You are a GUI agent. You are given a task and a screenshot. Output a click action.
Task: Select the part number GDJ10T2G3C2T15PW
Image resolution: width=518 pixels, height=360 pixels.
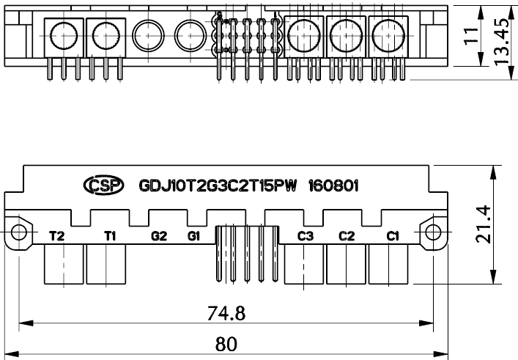(217, 185)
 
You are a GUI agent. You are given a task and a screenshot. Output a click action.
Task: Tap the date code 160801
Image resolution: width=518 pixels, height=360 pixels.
(333, 185)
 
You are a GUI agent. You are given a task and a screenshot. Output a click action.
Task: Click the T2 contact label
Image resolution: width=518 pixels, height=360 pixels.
(56, 236)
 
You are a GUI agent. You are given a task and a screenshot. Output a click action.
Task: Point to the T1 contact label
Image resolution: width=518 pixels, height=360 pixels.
(109, 236)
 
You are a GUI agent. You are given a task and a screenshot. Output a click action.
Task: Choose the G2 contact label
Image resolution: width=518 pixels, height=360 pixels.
(159, 236)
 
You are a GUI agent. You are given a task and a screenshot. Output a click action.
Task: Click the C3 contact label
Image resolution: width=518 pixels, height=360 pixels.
(306, 236)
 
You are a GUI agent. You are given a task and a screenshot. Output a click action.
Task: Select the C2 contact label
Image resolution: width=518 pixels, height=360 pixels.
(347, 236)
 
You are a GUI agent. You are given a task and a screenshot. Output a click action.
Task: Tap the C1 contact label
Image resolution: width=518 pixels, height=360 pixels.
(393, 236)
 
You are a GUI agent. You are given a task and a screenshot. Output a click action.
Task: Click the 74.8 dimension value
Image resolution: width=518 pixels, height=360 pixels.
(226, 313)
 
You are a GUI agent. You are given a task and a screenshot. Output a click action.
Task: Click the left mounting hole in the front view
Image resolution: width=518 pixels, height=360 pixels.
(18, 232)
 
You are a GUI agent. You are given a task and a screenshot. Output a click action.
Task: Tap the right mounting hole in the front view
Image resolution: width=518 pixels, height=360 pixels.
(433, 232)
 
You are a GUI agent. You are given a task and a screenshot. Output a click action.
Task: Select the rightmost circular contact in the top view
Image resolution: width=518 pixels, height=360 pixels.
(385, 32)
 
